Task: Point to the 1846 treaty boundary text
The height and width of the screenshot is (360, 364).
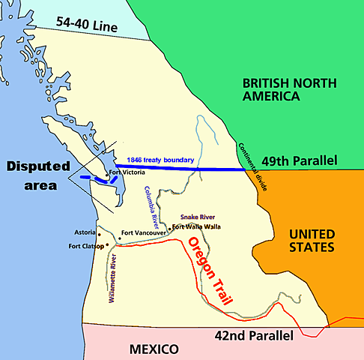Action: pyautogui.click(x=160, y=160)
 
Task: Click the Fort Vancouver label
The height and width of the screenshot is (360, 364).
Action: pyautogui.click(x=145, y=232)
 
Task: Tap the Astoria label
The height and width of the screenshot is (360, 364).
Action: pyautogui.click(x=85, y=232)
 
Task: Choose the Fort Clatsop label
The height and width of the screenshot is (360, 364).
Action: pyautogui.click(x=85, y=245)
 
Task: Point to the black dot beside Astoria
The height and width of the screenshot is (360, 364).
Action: pyautogui.click(x=100, y=233)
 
